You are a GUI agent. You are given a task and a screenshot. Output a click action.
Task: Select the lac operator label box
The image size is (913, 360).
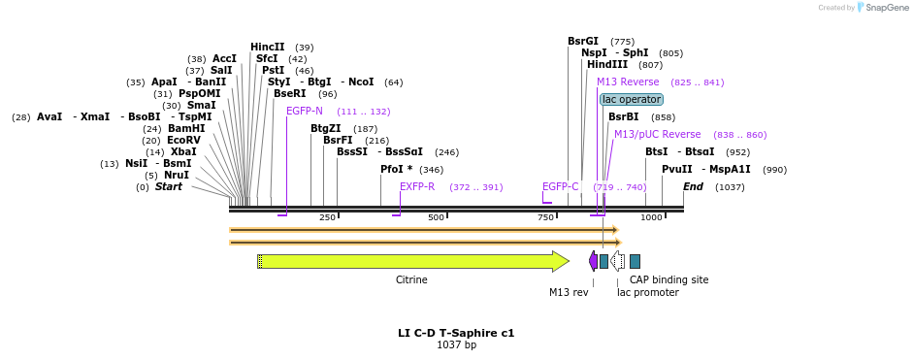pos(632,99)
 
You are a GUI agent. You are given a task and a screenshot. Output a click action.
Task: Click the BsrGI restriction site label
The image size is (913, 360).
pos(583,41)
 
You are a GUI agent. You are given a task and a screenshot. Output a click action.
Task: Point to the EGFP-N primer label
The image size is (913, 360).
pos(305,111)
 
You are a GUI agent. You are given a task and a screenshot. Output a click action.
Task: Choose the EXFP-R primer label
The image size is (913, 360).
pos(417,186)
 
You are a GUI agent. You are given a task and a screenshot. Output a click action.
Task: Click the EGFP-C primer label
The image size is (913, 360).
pos(561,186)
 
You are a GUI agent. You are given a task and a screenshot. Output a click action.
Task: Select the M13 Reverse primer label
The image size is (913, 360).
pos(628,82)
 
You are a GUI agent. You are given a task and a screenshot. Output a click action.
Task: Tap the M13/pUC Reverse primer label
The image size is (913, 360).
pos(657,134)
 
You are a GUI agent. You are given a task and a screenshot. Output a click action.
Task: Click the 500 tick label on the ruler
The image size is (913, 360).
pos(436,217)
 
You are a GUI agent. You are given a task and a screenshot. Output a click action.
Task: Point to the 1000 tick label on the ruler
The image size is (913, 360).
pos(651,217)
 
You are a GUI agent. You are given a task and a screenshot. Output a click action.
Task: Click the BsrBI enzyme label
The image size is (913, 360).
pos(623,116)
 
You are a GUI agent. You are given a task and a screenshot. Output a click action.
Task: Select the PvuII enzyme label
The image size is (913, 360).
pos(677,169)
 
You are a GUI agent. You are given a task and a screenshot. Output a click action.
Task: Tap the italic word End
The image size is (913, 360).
pos(693,186)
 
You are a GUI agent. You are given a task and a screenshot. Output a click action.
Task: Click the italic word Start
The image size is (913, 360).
pos(169,186)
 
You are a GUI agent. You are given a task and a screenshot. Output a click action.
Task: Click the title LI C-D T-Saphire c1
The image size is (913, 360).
pos(456,333)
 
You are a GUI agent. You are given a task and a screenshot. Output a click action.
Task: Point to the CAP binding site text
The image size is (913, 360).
pos(668,279)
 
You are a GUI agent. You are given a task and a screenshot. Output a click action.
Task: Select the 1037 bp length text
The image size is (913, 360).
pos(456,344)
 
